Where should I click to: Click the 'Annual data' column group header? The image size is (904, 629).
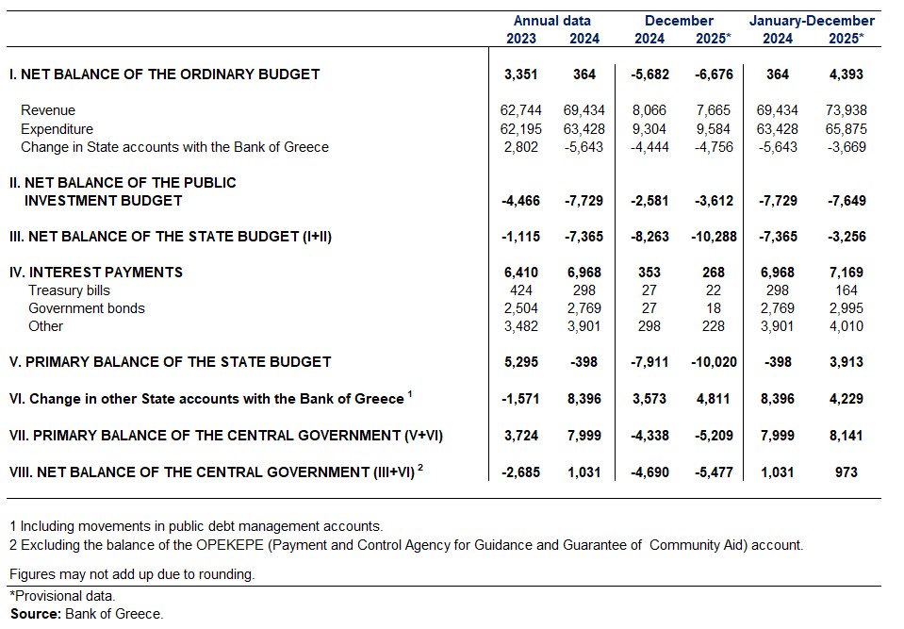552,21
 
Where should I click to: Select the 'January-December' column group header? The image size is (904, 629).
812,21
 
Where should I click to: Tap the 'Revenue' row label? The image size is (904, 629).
48,110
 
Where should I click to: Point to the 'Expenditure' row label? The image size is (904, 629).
57,129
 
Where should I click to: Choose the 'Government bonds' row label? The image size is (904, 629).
87,308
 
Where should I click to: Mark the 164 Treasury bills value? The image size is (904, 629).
846,290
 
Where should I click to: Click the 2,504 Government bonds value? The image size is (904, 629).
520,308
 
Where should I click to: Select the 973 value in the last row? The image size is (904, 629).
846,472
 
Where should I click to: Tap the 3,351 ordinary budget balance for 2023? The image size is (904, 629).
520,74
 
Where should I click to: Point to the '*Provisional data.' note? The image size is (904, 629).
62,596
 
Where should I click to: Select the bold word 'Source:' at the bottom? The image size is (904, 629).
35,614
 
